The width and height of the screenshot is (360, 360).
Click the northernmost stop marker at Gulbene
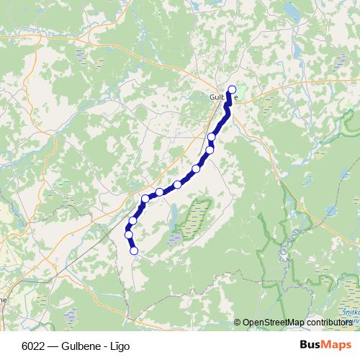tap(231, 90)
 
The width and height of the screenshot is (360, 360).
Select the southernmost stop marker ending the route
tap(134, 251)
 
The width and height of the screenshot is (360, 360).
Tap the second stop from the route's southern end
tap(129, 234)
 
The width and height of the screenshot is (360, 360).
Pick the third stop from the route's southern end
tap(133, 220)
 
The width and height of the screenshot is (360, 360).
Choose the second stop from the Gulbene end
tap(212, 137)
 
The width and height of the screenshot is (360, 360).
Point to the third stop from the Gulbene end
tap(210, 150)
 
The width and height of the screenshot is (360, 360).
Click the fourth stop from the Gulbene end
tap(196, 169)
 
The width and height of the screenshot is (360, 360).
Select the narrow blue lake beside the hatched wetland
tap(175, 214)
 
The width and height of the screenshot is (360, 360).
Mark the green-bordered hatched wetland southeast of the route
tap(193, 217)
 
